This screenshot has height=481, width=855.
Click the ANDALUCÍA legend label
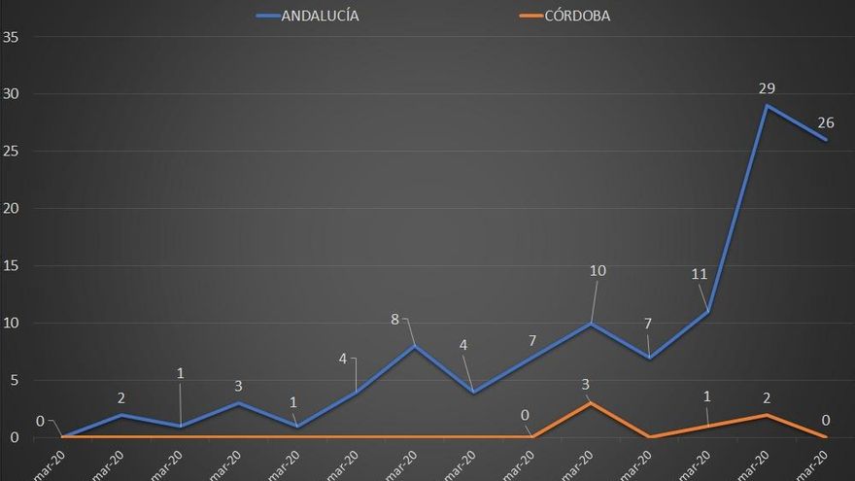tap(320, 16)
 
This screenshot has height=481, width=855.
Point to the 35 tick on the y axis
tap(13, 37)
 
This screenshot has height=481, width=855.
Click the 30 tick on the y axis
tap(13, 94)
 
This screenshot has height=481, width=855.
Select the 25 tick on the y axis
tap(13, 152)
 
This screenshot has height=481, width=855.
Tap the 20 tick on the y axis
tap(13, 208)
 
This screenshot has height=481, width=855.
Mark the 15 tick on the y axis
tap(13, 265)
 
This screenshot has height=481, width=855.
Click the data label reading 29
tap(768, 88)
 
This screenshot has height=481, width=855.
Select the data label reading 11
tap(700, 275)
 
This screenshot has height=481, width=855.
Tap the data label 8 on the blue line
tap(395, 319)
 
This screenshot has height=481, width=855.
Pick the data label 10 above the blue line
tap(598, 270)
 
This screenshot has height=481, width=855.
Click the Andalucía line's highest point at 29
tap(768, 105)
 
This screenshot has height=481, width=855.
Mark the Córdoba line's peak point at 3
tap(591, 402)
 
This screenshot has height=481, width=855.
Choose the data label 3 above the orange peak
tap(587, 384)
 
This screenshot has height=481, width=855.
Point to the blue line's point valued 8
tap(415, 346)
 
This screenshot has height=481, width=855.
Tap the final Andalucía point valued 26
tap(826, 140)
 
